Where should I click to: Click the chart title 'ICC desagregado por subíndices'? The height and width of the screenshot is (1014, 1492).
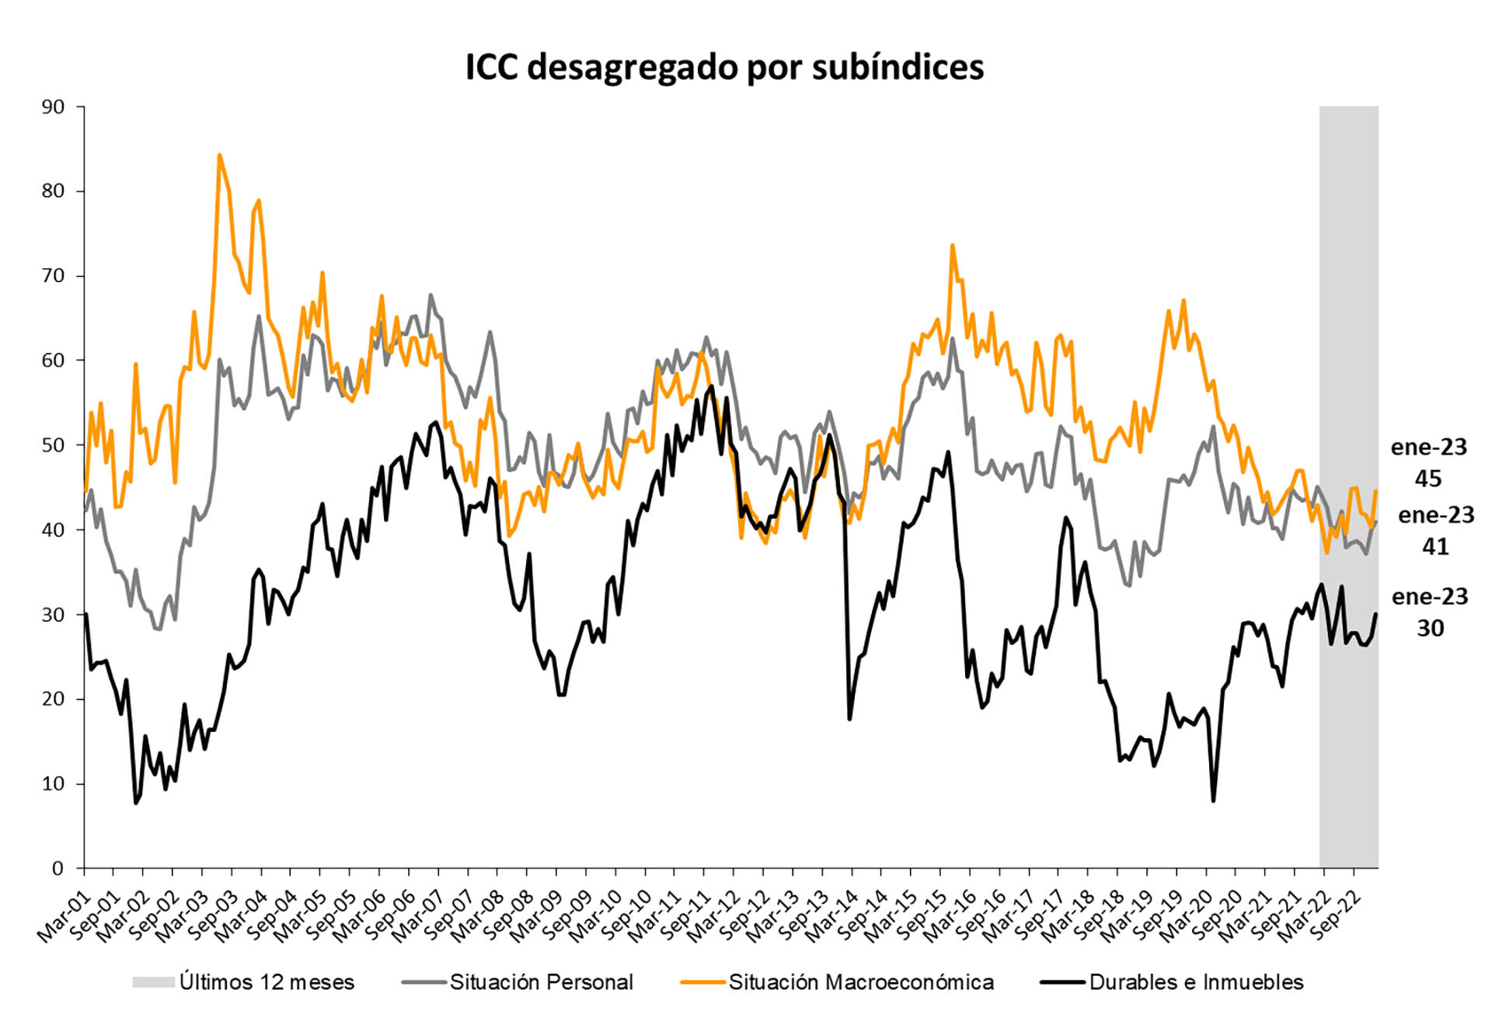[x=724, y=67]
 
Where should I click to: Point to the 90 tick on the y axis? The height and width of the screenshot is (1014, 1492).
[x=53, y=107]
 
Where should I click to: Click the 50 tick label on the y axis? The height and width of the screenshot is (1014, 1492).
[x=53, y=445]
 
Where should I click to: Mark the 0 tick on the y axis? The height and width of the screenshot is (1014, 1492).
[x=58, y=869]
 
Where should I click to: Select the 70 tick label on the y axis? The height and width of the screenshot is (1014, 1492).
[x=53, y=276]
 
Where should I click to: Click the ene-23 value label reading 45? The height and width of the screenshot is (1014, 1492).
[x=1428, y=463]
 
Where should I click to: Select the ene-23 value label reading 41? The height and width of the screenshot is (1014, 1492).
[x=1435, y=531]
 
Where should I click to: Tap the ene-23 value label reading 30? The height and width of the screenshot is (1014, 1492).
[x=1430, y=612]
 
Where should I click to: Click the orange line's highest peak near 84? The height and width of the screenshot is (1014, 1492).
[x=219, y=155]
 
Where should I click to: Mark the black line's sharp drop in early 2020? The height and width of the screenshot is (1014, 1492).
[x=1213, y=800]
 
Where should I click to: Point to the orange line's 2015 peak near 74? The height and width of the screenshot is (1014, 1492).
[x=952, y=246]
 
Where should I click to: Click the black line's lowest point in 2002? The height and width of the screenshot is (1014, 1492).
[x=136, y=803]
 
